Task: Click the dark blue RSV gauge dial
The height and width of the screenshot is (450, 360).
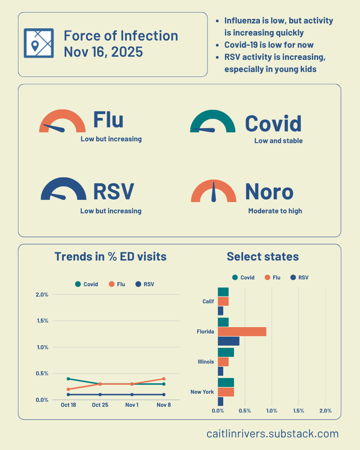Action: point(63,190)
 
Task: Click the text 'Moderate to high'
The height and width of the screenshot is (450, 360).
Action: point(275,211)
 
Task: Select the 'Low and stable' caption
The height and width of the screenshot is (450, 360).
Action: point(278,141)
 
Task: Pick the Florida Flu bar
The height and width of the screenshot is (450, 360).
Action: point(242,332)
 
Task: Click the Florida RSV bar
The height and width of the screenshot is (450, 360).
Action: point(229,341)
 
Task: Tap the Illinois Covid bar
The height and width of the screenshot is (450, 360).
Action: point(226,352)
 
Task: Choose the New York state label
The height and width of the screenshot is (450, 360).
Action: point(202,392)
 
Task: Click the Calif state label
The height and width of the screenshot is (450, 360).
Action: point(208,301)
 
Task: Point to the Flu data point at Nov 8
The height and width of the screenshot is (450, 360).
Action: point(164,379)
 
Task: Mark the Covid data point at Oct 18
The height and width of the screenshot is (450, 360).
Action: point(68,379)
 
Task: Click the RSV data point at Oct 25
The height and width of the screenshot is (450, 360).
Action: point(100,395)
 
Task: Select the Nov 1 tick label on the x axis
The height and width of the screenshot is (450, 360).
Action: point(132,405)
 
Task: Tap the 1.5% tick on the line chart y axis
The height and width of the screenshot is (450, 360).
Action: point(42,321)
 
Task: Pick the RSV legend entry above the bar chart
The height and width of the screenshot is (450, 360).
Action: point(300,278)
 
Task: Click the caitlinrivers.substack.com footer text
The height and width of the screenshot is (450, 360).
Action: point(272,434)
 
